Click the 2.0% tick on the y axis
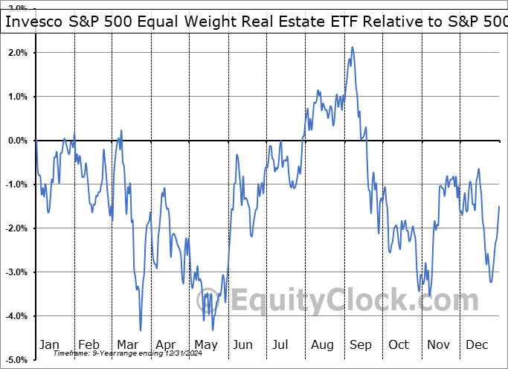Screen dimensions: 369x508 point(19,53)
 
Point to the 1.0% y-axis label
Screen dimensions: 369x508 point(19,97)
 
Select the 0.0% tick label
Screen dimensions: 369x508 point(19,141)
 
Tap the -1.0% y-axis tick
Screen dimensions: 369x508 point(17,184)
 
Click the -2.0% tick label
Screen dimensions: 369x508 point(17,228)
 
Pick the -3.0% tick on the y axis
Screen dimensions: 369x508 point(17,272)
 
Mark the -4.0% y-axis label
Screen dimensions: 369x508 point(17,316)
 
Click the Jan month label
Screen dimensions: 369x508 point(48,344)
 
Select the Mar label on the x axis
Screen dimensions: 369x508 point(128,344)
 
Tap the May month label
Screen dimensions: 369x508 point(206,344)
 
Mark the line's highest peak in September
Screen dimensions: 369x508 point(352,48)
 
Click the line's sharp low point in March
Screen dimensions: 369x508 point(140,330)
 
